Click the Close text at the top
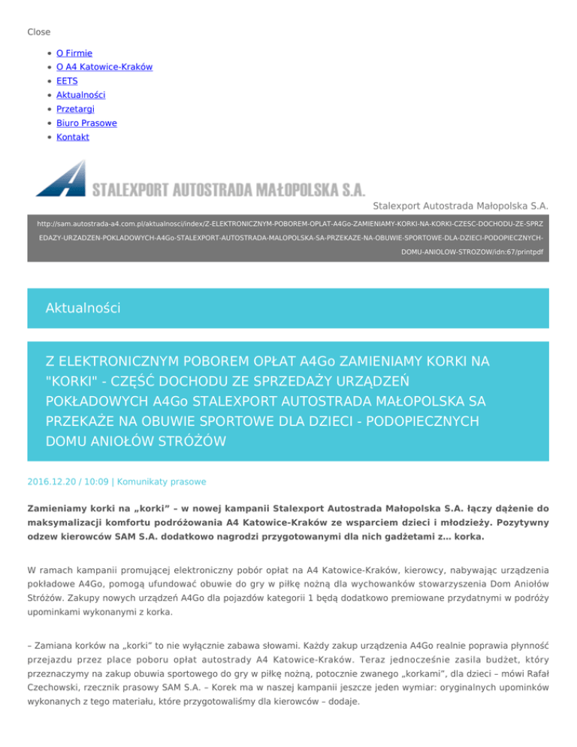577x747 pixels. (x=39, y=32)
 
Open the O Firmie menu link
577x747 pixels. (x=74, y=53)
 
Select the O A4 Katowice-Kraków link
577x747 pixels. (x=104, y=67)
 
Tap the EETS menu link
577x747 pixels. (x=67, y=81)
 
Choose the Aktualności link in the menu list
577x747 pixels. (x=80, y=95)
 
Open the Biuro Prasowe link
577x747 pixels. (x=86, y=122)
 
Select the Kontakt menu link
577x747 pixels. (x=73, y=137)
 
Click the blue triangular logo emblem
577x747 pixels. (x=62, y=178)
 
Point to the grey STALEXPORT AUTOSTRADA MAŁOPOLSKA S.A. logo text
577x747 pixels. (x=228, y=187)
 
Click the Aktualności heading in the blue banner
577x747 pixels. (x=82, y=308)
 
